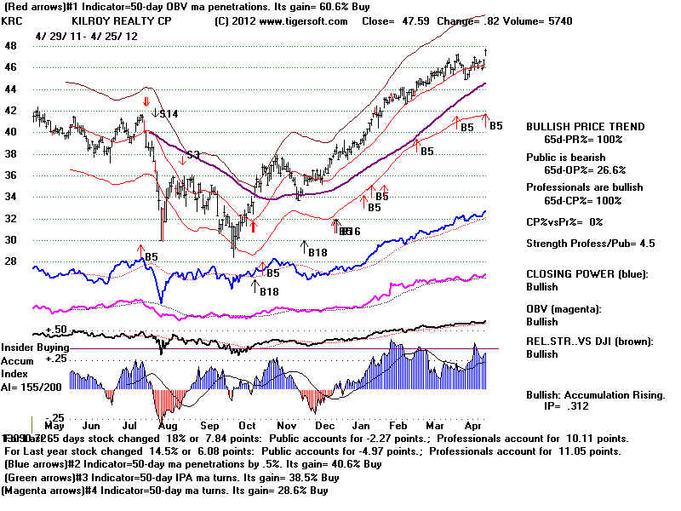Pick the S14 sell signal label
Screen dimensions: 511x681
(169, 113)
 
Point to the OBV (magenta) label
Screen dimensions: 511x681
(564, 309)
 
